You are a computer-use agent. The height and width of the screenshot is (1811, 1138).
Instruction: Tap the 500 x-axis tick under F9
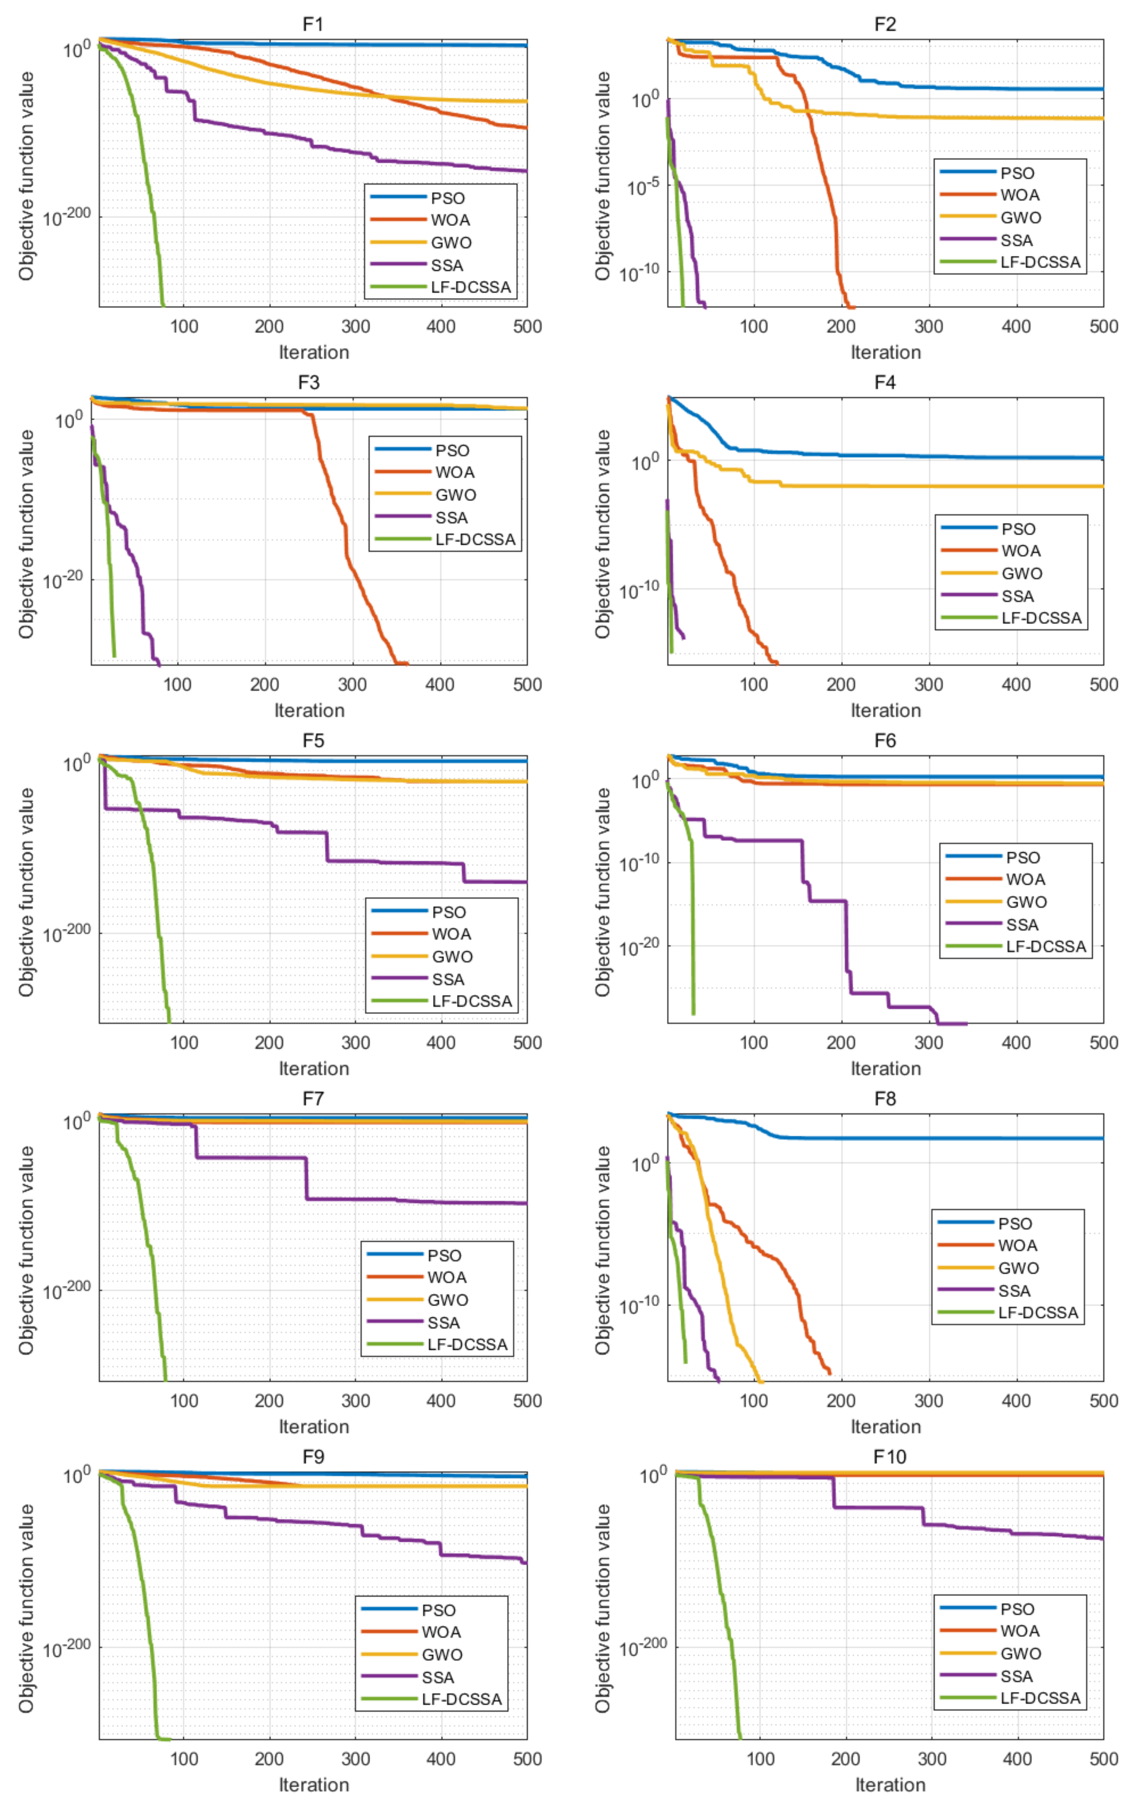pyautogui.click(x=526, y=1759)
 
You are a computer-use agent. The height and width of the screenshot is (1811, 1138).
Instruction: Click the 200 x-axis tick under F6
pyautogui.click(x=841, y=1042)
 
